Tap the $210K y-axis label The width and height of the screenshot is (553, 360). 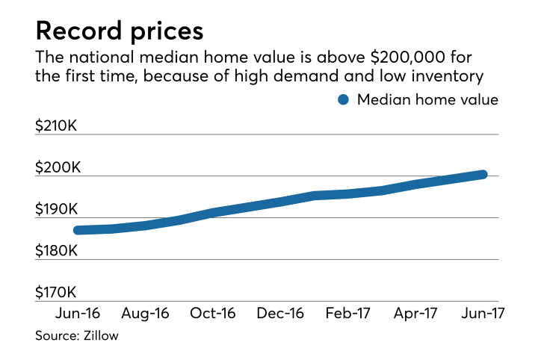point(57,125)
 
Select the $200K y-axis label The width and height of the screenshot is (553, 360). point(57,167)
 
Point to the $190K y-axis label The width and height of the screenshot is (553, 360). point(57,209)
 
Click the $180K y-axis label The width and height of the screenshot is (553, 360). point(57,251)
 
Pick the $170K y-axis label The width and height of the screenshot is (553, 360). point(57,292)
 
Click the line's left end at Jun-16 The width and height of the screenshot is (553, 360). point(78,230)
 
